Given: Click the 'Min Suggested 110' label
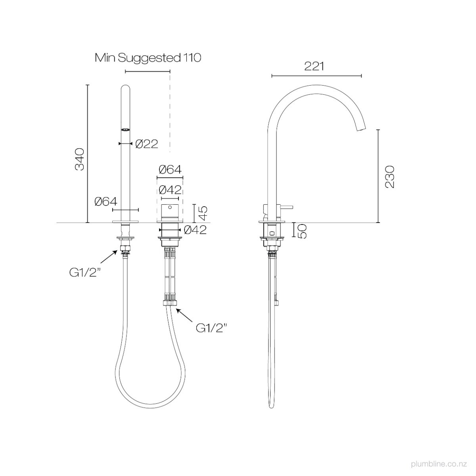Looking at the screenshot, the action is pos(148,58).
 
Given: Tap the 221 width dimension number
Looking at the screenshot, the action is pos(314,66).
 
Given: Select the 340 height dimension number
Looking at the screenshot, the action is pos(80,159).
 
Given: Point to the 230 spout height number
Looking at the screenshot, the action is pos(390,177).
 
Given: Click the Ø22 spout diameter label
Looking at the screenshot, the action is pos(146,144).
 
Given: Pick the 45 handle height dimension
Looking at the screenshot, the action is pos(203,213).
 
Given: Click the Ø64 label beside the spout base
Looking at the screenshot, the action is pos(106,202).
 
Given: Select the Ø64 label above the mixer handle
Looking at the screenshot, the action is pos(170,169).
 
